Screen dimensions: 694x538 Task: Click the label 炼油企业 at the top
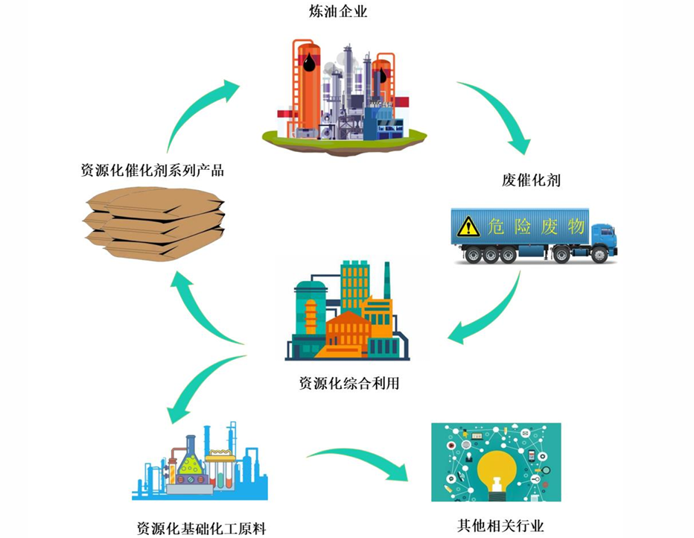338,11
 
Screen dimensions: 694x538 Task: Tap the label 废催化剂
531,180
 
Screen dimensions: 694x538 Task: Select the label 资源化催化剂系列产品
152,170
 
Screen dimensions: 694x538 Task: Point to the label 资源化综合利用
349,382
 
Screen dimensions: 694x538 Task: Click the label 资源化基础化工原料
201,528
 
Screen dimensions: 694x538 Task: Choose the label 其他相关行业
500,525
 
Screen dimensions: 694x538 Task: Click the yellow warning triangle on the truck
468,227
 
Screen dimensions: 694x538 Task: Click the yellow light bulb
497,474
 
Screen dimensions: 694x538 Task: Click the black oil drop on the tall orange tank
309,63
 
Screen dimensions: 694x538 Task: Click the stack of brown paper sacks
154,224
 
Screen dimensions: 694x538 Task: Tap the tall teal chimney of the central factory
386,281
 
